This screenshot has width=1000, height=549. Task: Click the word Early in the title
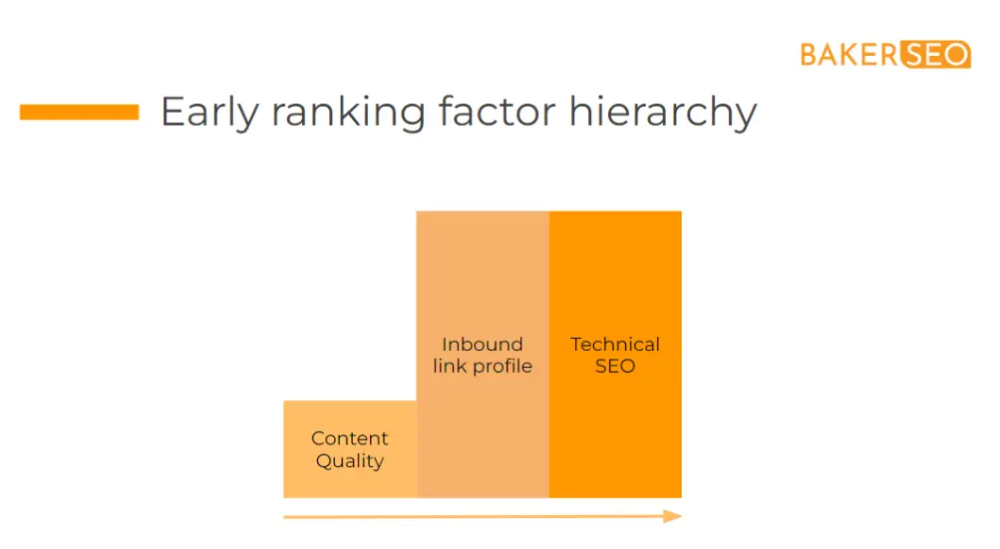pos(209,113)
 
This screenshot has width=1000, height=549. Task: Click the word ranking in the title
pos(348,113)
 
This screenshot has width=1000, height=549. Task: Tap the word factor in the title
pos(498,112)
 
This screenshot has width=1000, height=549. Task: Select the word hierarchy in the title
pos(663,113)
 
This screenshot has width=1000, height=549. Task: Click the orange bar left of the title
pos(79,113)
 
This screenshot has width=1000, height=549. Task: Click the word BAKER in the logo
pos(849,55)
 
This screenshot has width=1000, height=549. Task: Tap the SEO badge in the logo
pos(935,54)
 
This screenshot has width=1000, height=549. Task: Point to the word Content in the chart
pos(350,438)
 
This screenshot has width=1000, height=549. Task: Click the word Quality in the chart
pos(350,461)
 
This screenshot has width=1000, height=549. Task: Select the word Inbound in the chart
pos(483,345)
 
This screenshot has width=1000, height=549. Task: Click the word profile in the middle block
pos(502,367)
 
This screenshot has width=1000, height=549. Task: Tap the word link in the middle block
pos(450,366)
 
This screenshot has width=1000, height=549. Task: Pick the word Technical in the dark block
pos(615,345)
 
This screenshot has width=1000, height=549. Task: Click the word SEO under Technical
pos(615,366)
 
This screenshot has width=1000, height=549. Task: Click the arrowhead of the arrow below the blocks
pos(672,516)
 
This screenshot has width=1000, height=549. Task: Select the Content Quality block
pos(350,449)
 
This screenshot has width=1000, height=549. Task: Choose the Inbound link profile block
pos(483,354)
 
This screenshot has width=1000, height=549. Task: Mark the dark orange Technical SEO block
pos(615,354)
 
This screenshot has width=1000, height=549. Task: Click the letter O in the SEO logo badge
pos(956,55)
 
